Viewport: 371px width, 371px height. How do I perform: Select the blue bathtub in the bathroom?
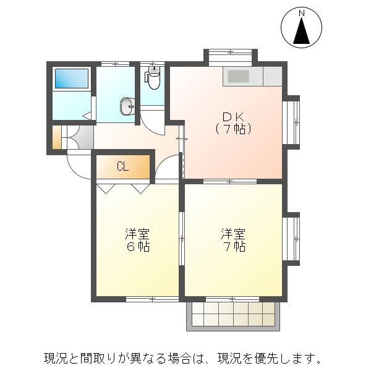click(x=72, y=79)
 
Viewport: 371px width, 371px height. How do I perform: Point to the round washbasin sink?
click(x=128, y=106)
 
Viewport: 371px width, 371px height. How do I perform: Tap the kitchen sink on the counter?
click(x=238, y=76)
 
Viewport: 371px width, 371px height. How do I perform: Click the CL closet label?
click(x=122, y=166)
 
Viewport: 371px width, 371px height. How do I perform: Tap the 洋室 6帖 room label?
click(x=137, y=240)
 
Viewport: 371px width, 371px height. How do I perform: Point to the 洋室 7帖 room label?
click(x=234, y=240)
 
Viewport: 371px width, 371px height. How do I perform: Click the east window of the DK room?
click(x=292, y=122)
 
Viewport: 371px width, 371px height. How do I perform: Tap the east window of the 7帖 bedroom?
click(x=292, y=238)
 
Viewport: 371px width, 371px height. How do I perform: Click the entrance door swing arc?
click(x=79, y=166)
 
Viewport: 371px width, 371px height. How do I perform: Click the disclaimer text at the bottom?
click(x=183, y=358)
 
